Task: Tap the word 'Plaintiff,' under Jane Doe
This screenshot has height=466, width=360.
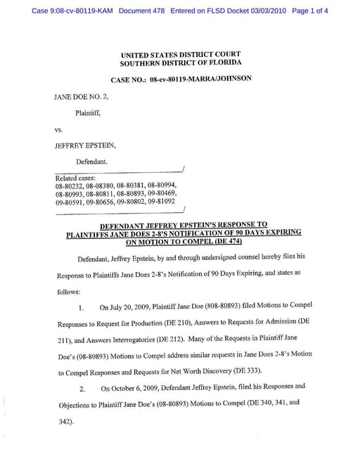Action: [88, 112]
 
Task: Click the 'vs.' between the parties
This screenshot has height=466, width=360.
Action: [59, 129]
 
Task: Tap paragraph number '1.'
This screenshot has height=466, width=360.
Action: [82, 308]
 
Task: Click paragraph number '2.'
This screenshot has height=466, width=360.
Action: [82, 388]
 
